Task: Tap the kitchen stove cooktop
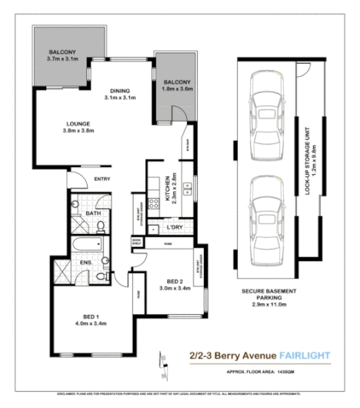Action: click(x=187, y=146)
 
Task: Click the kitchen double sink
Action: click(x=187, y=185)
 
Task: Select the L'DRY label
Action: click(x=175, y=229)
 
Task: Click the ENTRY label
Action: click(x=102, y=179)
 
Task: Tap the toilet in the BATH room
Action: click(x=102, y=226)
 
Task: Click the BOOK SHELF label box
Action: click(x=136, y=242)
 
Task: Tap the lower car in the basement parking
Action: click(x=266, y=202)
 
